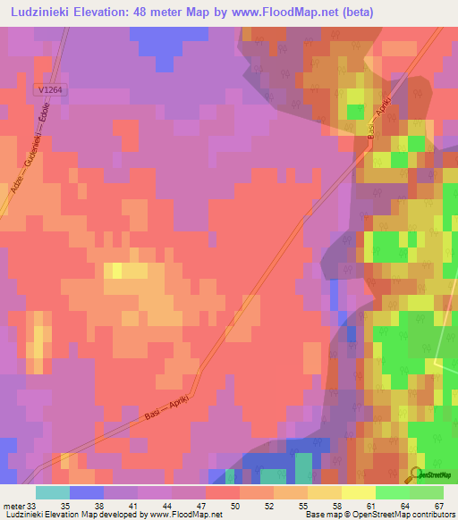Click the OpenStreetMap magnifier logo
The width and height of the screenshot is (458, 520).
417,474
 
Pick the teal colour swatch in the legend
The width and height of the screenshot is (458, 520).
53,492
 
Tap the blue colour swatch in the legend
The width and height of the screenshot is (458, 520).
87,492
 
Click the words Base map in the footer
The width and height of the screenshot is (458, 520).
321,515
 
